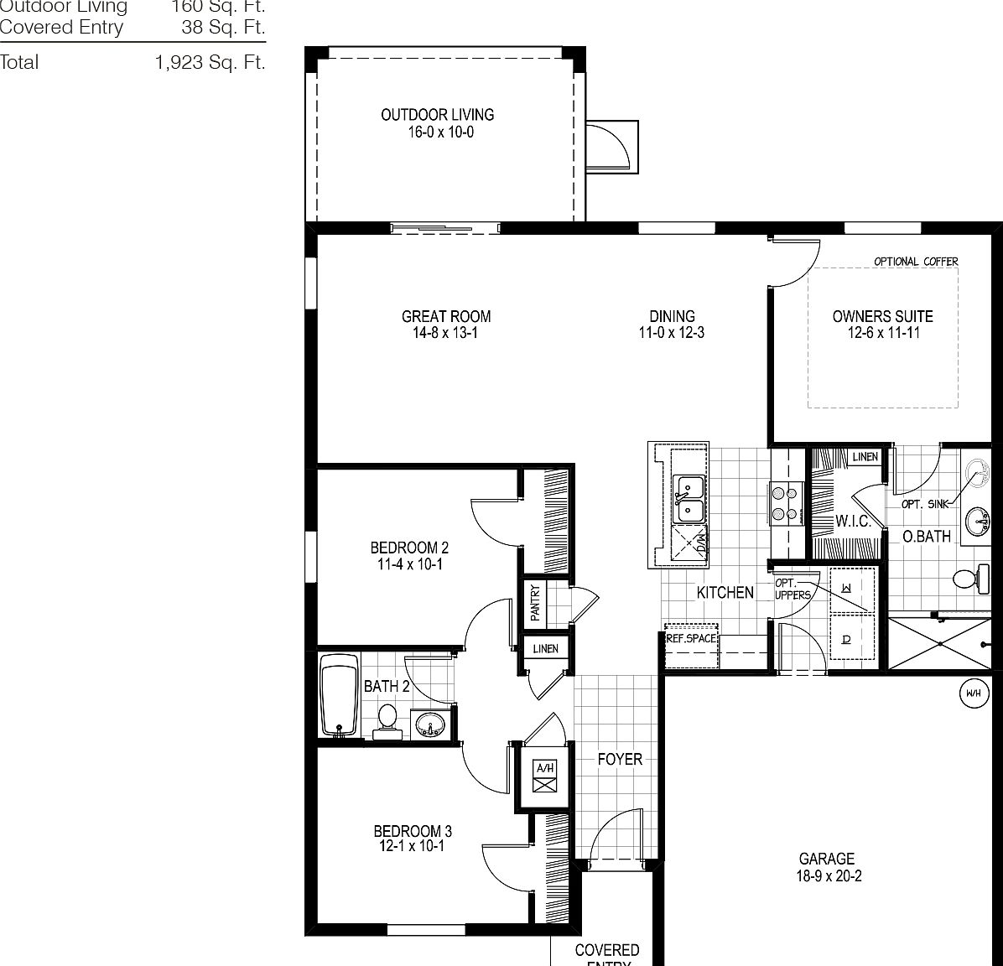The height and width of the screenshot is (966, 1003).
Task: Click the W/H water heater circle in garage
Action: coord(973,693)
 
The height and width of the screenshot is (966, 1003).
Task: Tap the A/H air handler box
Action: coord(545,776)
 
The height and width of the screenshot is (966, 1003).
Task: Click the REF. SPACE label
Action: coord(691,638)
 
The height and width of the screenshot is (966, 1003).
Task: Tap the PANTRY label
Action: coord(535,603)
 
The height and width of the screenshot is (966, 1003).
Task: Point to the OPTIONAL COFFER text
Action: coord(916,262)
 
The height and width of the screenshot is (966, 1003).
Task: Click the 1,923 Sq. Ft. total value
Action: coord(210,62)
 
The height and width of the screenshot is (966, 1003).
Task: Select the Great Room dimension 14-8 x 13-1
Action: coord(446,333)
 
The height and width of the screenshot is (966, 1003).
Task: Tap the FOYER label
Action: coord(620,759)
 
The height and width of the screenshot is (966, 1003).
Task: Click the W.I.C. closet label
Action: coord(853,522)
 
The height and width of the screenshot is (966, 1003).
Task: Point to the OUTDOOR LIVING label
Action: coord(437,115)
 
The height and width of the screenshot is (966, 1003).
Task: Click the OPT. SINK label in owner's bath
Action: coord(925,504)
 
